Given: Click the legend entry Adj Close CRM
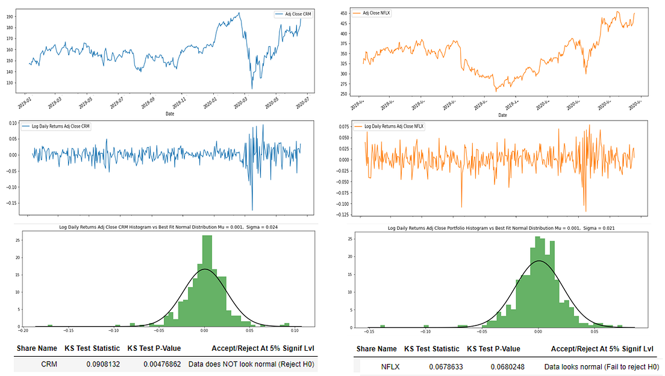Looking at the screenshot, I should pyautogui.click(x=295, y=14).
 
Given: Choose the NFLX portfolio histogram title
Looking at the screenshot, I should pyautogui.click(x=497, y=228).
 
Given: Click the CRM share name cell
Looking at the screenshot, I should pyautogui.click(x=49, y=364).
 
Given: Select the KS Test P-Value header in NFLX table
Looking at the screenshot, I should pyautogui.click(x=493, y=349).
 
